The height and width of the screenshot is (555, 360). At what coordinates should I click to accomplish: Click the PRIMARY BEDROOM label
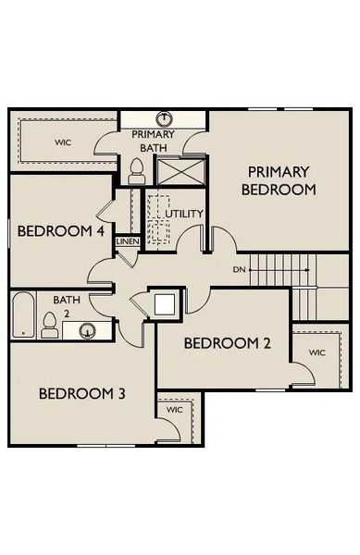click(279, 180)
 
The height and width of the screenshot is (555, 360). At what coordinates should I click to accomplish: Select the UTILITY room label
click(184, 214)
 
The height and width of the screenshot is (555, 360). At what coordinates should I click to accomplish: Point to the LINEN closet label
click(127, 242)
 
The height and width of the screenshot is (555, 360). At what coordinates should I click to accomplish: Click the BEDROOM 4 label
click(60, 231)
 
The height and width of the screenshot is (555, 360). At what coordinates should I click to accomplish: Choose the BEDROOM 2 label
click(227, 343)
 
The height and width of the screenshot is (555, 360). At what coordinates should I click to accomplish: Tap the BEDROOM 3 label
click(81, 394)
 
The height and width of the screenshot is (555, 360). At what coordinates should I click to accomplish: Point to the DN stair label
click(240, 269)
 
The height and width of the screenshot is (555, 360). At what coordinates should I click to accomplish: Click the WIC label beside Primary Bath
click(63, 142)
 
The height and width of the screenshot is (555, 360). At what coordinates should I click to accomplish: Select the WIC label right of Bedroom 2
click(317, 352)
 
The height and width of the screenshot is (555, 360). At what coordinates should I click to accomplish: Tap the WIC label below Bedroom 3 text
click(174, 409)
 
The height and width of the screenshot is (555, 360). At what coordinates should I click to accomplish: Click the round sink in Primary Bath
click(164, 118)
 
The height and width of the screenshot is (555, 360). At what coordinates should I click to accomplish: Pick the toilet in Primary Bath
click(137, 169)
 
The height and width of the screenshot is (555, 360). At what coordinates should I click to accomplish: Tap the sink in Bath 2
click(88, 330)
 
